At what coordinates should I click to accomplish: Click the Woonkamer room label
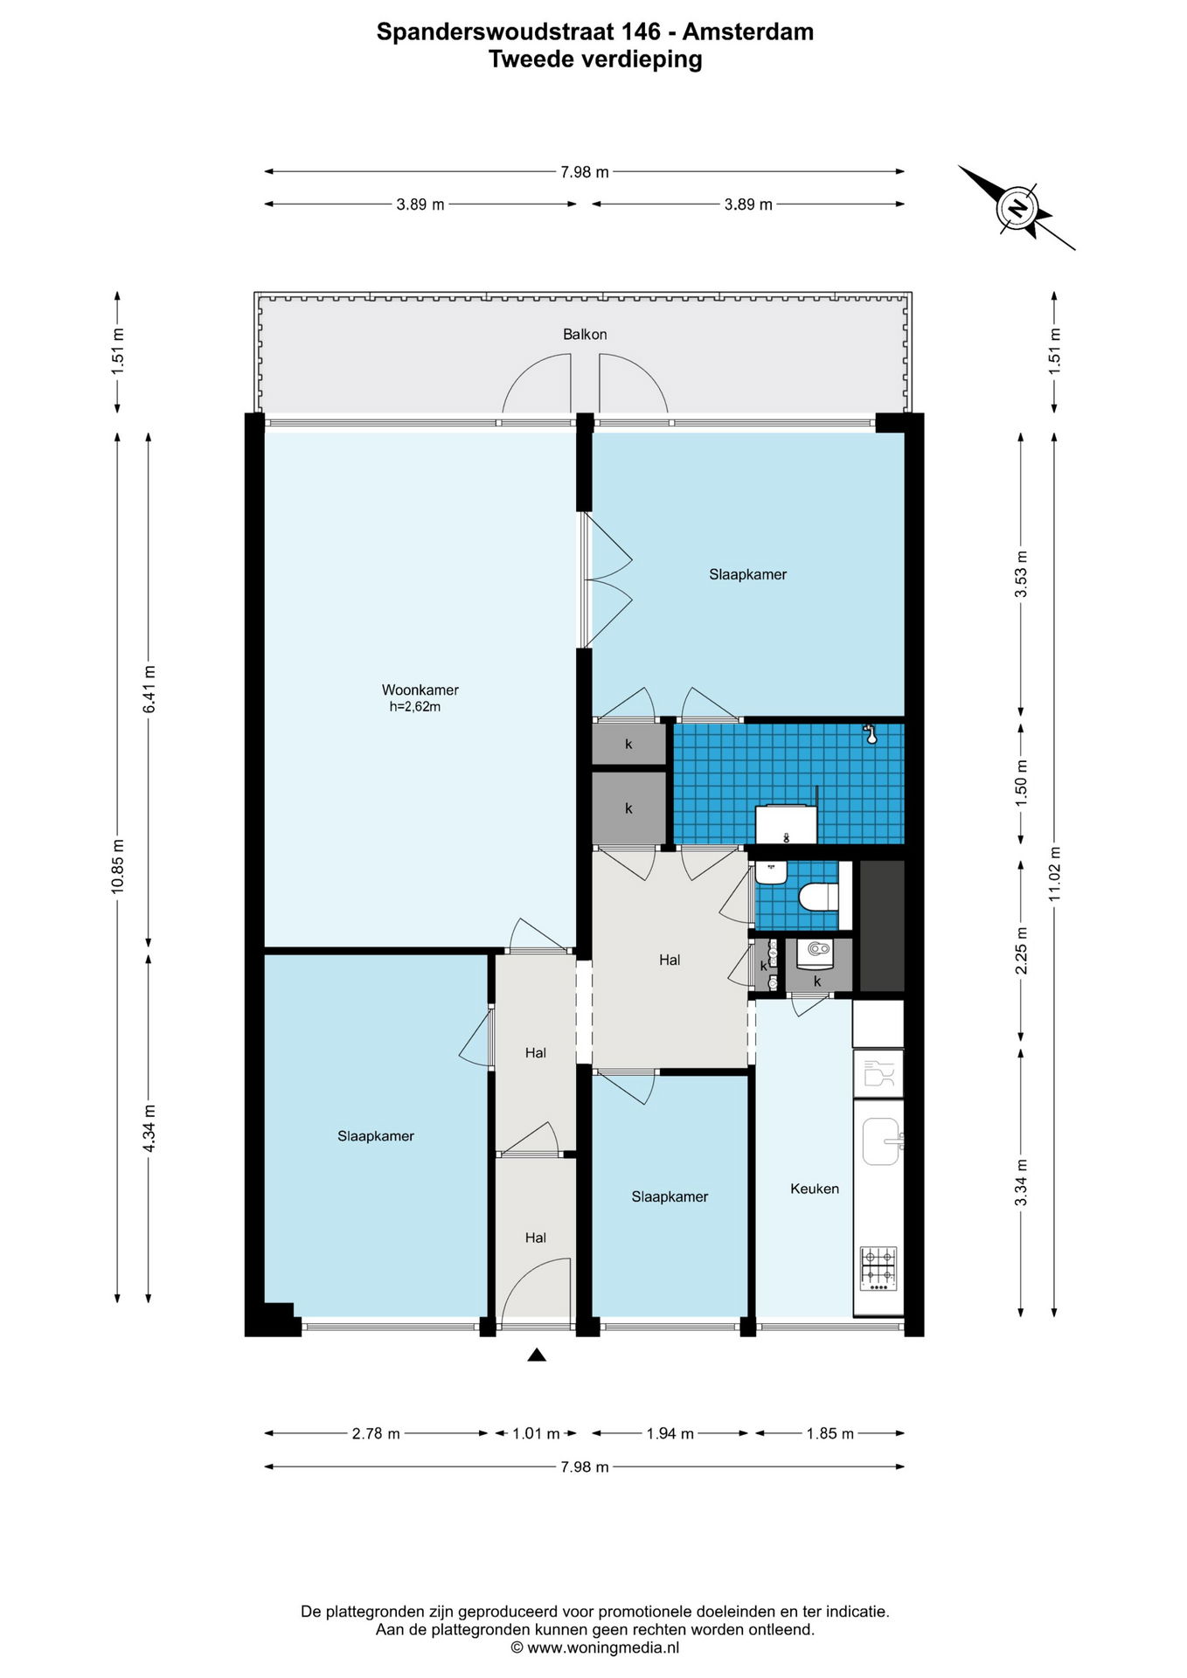coord(420,690)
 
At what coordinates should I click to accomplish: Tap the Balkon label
coord(585,334)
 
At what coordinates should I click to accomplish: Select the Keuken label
coord(815,1189)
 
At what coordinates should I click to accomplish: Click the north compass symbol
coord(1017,208)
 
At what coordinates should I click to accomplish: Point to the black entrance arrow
coord(537,1355)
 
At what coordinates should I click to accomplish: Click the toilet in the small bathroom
coord(819,897)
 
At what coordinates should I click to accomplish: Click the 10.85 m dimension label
coord(117,865)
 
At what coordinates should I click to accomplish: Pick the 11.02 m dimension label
coord(1054,874)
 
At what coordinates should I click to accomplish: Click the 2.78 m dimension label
coord(376,1433)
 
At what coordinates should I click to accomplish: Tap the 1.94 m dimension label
coord(670,1433)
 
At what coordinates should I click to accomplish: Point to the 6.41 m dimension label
coord(149,689)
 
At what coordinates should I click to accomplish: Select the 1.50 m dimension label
coord(1021,782)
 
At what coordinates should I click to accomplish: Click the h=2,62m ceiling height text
coord(415,707)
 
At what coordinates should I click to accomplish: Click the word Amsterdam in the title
coord(748,31)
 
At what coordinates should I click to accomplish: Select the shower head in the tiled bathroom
coord(870,733)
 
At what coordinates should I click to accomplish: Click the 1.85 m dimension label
coord(830,1433)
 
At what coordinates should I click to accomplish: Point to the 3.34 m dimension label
coord(1021,1182)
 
